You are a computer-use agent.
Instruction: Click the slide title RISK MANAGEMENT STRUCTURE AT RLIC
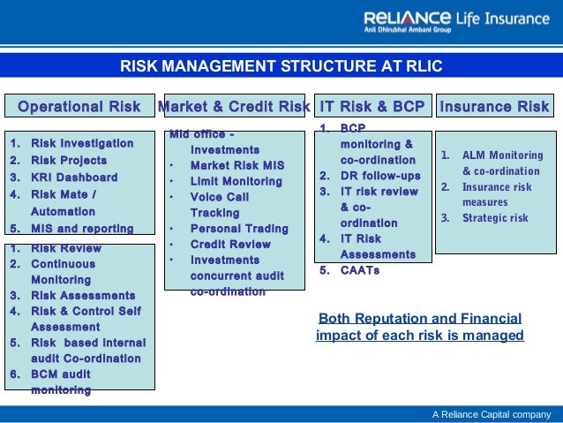tap(281, 66)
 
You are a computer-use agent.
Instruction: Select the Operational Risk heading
tap(79, 107)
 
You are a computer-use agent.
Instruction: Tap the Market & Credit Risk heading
tap(233, 107)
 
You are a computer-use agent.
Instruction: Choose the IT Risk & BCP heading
tap(372, 107)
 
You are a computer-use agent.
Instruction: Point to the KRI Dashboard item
tap(74, 178)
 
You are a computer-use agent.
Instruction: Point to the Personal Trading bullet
tap(239, 229)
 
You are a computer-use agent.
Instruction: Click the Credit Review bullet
tap(230, 244)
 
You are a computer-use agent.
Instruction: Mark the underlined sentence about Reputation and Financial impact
tap(419, 327)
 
